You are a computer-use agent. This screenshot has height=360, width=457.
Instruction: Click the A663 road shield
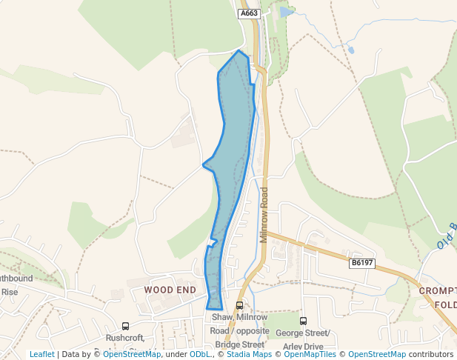point(247,13)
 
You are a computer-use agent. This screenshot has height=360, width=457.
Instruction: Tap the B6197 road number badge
point(362,263)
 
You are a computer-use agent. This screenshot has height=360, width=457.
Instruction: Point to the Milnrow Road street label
point(264,215)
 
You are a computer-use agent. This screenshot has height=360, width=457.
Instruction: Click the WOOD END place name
point(170,290)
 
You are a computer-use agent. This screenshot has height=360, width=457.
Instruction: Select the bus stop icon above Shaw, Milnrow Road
point(239,305)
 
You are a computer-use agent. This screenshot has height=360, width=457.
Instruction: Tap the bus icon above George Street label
point(303,321)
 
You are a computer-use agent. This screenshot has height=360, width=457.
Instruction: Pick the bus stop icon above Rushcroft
point(125,326)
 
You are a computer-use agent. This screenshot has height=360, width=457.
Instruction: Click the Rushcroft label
point(124,338)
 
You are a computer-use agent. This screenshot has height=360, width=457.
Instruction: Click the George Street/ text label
point(302,333)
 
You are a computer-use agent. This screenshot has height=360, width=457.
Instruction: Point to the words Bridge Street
point(239,344)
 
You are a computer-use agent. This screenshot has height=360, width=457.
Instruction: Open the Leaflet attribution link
point(41,354)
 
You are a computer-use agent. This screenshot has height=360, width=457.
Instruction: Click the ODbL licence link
point(200,354)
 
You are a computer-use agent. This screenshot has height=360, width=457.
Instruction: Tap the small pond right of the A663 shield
point(287,12)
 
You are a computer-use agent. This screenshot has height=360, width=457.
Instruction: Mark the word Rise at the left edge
point(9,292)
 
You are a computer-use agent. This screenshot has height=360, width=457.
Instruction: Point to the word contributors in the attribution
point(430,354)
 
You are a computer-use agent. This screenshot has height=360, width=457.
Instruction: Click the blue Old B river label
point(445,236)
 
